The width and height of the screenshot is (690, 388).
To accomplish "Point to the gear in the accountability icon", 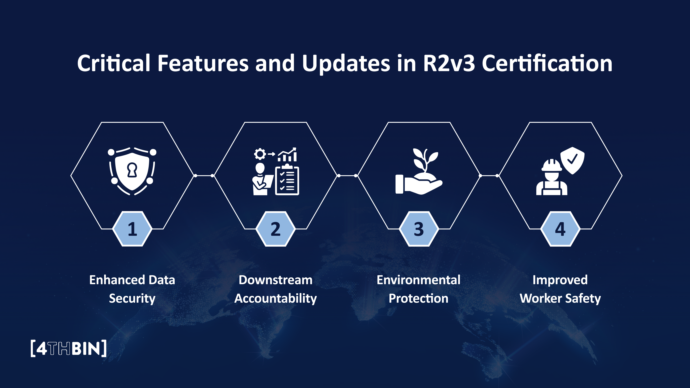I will pos(260,154).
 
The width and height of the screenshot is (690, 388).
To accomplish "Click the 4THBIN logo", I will pos(69,348).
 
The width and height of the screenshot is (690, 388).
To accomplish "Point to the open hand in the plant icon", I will pos(418,185).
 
